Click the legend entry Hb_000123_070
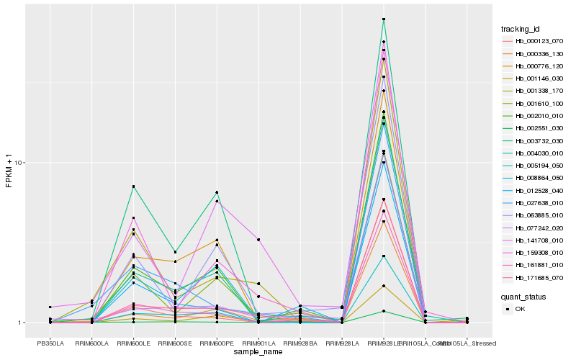(534, 41)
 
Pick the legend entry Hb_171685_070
(534, 277)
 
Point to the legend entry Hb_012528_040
(534, 190)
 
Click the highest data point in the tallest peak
(384, 19)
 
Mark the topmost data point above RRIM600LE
(134, 187)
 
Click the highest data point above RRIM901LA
(258, 239)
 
